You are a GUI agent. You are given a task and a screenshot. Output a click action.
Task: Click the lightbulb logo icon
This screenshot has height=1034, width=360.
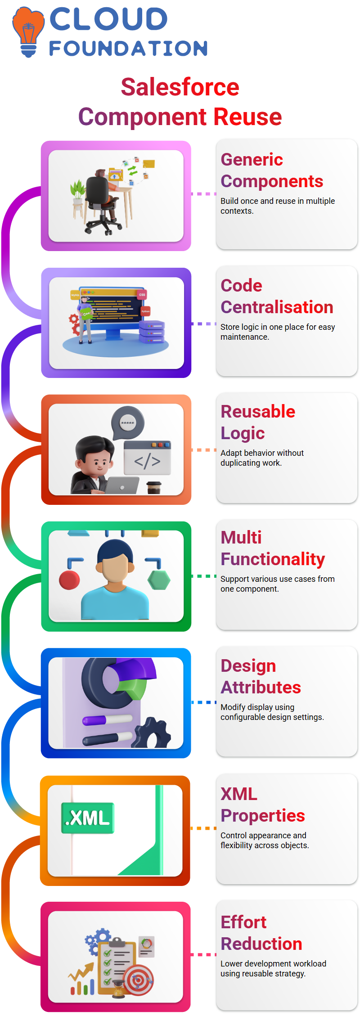28,31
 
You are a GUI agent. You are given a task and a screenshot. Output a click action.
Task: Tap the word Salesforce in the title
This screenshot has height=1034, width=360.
180,87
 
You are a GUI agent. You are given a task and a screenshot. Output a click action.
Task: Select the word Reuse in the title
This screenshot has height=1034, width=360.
247,117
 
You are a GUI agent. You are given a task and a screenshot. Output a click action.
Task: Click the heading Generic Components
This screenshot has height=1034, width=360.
272,170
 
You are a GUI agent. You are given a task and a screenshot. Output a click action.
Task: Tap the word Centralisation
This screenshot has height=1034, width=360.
277,307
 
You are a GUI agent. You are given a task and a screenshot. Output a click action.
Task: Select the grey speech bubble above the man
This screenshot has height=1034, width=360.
128,423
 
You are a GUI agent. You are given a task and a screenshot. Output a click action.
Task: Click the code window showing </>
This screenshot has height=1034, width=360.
147,458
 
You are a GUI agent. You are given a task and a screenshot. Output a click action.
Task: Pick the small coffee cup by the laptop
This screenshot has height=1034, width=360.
154,487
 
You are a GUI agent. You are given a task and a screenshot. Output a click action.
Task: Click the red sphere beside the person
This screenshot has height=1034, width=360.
69,580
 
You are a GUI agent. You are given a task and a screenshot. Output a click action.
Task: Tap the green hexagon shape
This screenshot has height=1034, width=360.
159,580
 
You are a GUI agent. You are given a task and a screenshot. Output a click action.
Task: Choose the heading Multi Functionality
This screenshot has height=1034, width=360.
273,548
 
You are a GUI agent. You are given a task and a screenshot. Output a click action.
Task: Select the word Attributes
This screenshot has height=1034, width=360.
261,687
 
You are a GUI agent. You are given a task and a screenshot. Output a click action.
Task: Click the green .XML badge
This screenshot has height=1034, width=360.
88,818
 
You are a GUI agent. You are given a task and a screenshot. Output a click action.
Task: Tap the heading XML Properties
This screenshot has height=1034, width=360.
263,805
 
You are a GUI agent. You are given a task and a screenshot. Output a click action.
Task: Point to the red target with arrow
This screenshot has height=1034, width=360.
139,980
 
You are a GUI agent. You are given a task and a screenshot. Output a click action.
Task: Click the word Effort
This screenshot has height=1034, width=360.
243,922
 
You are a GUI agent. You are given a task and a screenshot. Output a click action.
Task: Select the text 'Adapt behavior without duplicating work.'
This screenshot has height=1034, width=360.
262,458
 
